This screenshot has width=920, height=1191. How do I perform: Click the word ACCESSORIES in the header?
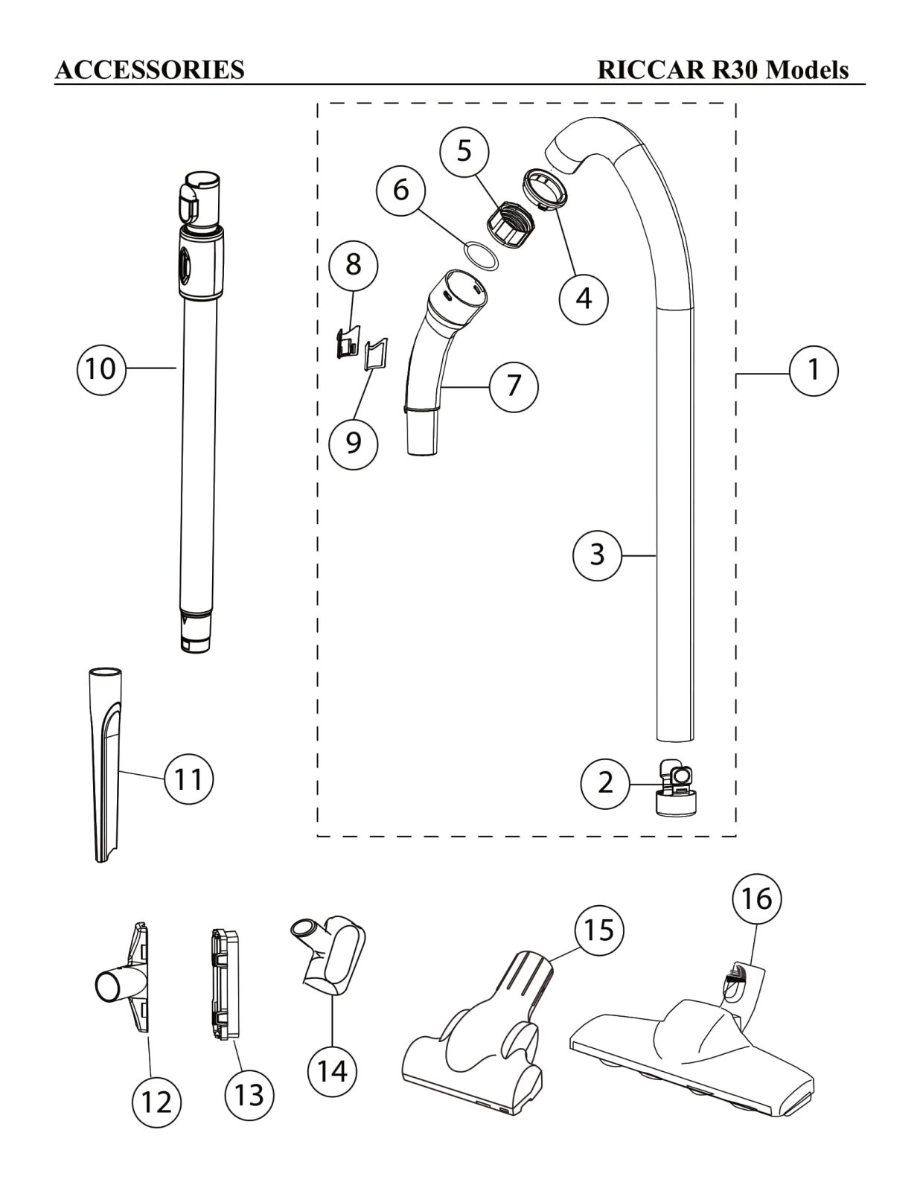point(150,70)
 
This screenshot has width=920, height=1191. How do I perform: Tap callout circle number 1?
point(814,371)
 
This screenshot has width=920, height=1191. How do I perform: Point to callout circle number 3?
point(597,555)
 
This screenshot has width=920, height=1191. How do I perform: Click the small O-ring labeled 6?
point(482,256)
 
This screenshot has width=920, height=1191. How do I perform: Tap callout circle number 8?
point(354,264)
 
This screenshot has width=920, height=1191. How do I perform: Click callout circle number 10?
point(101,369)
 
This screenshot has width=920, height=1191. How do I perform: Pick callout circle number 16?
point(757,898)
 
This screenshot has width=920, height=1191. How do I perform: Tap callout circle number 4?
point(584,299)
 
